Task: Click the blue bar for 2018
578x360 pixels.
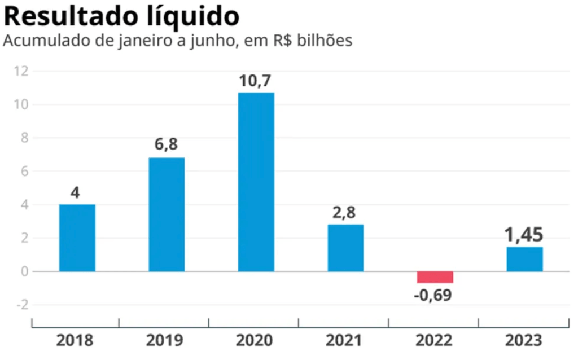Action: tap(77, 238)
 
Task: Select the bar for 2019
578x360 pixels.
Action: tap(167, 214)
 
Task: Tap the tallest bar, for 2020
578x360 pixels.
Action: tap(256, 182)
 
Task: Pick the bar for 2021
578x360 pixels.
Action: tap(345, 248)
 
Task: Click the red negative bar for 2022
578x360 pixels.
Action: tap(435, 277)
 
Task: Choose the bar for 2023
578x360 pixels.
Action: tap(524, 259)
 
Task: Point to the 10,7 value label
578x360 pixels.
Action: tap(256, 81)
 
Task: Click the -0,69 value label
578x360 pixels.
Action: tap(433, 295)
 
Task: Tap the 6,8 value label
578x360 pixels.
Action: tap(166, 145)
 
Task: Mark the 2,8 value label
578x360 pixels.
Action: tap(345, 213)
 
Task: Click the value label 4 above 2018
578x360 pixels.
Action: tap(76, 193)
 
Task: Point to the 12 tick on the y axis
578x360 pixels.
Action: tap(22, 71)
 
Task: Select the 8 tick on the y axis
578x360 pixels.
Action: tap(23, 138)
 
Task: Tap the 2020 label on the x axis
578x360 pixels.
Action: tap(254, 340)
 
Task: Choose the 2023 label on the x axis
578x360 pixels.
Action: tap(524, 340)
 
